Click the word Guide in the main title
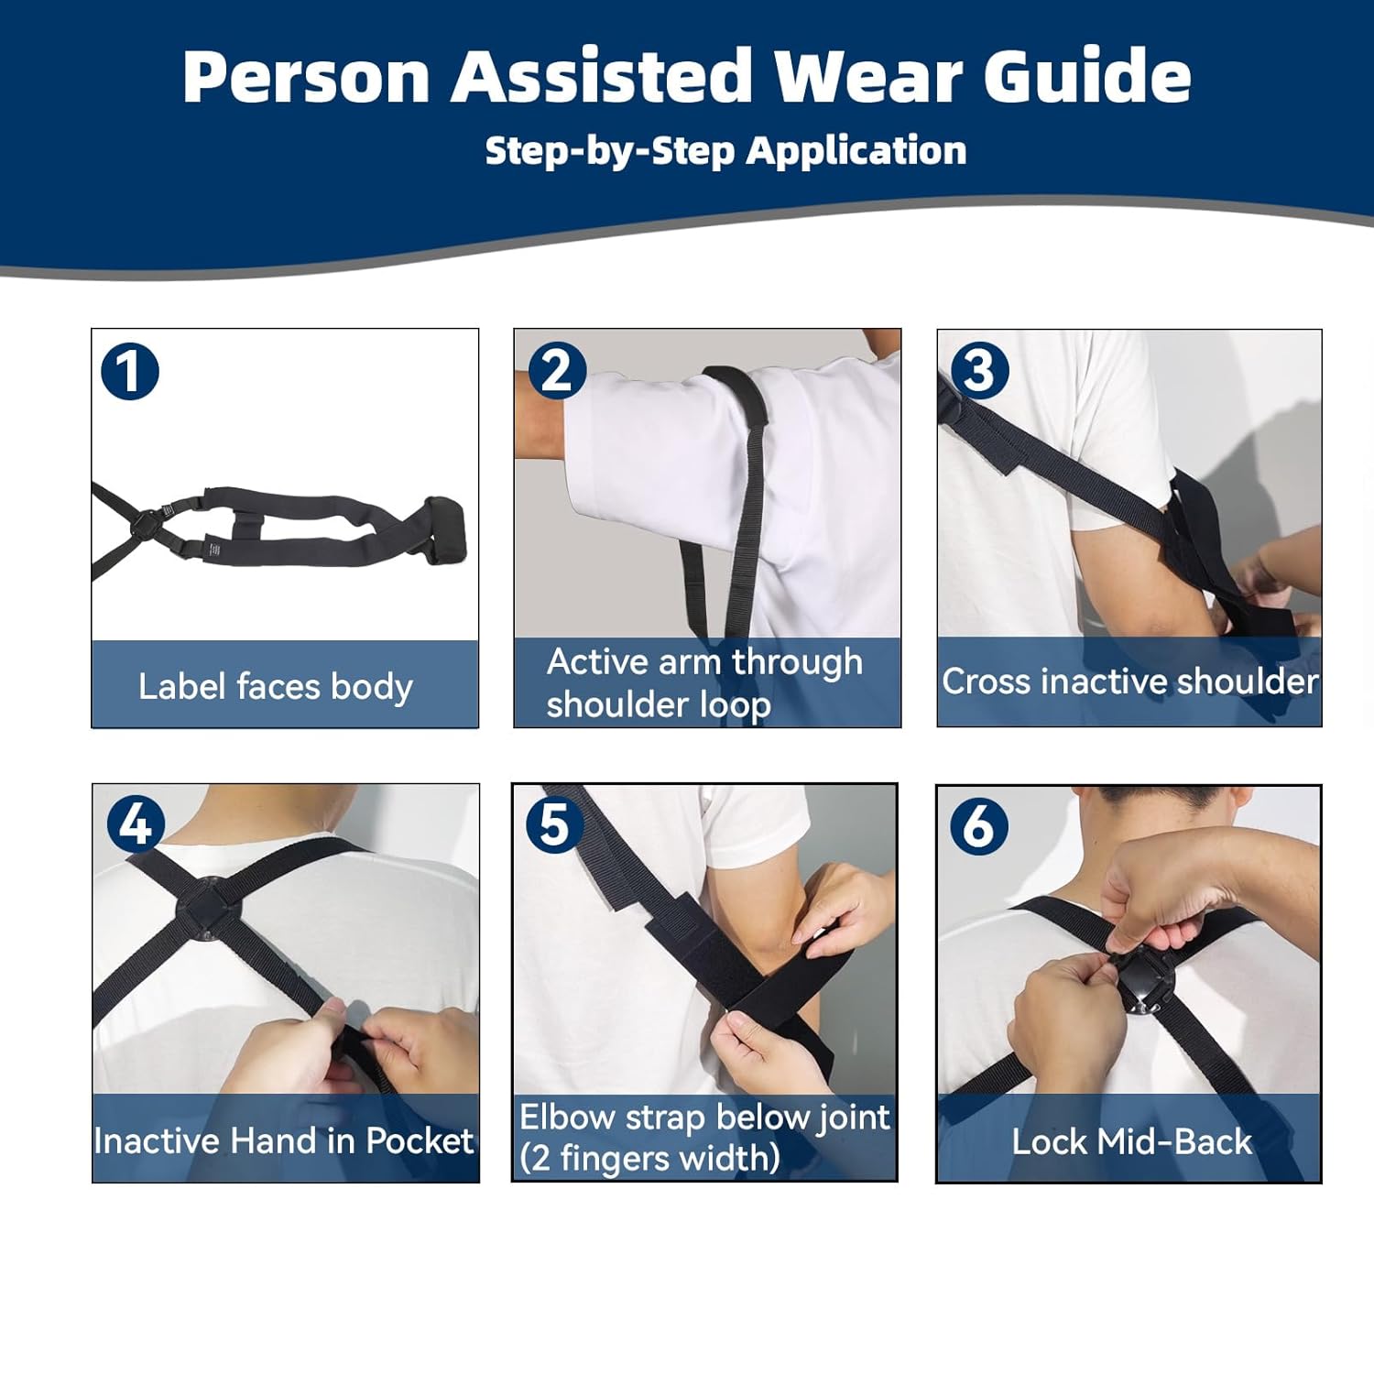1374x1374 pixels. [1087, 76]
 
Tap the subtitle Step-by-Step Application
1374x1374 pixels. [725, 150]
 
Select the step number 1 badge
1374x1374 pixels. [130, 371]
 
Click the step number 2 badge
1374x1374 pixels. [557, 371]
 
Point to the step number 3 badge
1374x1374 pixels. [979, 371]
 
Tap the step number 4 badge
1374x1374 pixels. [136, 824]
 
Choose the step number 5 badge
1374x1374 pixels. [554, 824]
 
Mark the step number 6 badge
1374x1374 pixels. [978, 826]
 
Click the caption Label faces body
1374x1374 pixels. [276, 686]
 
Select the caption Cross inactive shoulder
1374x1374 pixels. [1129, 682]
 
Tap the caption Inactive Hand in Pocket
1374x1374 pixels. [284, 1140]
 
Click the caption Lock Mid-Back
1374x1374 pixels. [1130, 1141]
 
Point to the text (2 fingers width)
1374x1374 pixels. [649, 1159]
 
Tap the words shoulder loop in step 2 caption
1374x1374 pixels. [659, 705]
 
